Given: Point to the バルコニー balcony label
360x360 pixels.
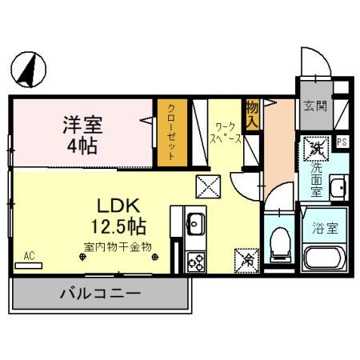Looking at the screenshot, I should coord(100,294).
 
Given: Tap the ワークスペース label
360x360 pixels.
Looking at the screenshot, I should coord(226,132).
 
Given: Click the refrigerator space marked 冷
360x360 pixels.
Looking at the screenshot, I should coord(247,259).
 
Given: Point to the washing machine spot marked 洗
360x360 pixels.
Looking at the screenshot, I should coord(316,147).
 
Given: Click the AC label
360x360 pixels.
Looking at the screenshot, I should coord(29,256).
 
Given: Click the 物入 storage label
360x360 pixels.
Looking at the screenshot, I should coord(252,113).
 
